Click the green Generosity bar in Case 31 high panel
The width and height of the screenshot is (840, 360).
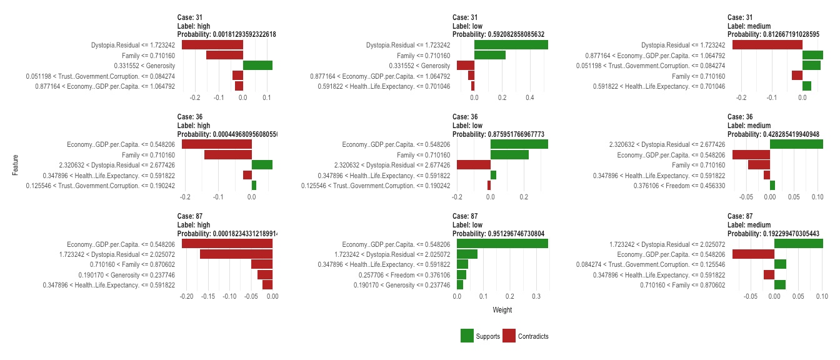tap(257, 66)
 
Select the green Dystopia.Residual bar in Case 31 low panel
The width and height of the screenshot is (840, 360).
tap(511, 45)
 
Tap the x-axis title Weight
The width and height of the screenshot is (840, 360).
tap(502, 310)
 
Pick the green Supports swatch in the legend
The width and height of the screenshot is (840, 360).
tap(467, 336)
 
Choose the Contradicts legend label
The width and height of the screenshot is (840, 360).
tap(533, 336)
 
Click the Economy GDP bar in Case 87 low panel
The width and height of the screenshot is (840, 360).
tap(502, 244)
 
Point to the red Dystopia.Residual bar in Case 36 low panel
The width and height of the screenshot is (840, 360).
tap(474, 165)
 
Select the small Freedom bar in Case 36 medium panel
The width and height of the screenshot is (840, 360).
tap(772, 186)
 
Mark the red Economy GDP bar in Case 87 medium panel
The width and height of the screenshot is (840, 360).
tap(753, 254)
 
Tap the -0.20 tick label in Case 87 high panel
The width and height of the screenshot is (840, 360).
tap(186, 297)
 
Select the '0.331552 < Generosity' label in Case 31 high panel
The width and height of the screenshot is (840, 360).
tap(144, 66)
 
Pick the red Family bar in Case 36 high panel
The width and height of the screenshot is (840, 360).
tap(227, 155)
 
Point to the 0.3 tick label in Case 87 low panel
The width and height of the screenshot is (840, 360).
tap(537, 297)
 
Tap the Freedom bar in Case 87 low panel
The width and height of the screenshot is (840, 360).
tap(462, 275)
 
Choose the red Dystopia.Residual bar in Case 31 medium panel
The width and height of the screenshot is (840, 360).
tap(767, 45)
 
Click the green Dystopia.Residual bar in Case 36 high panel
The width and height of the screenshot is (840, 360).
tap(262, 165)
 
